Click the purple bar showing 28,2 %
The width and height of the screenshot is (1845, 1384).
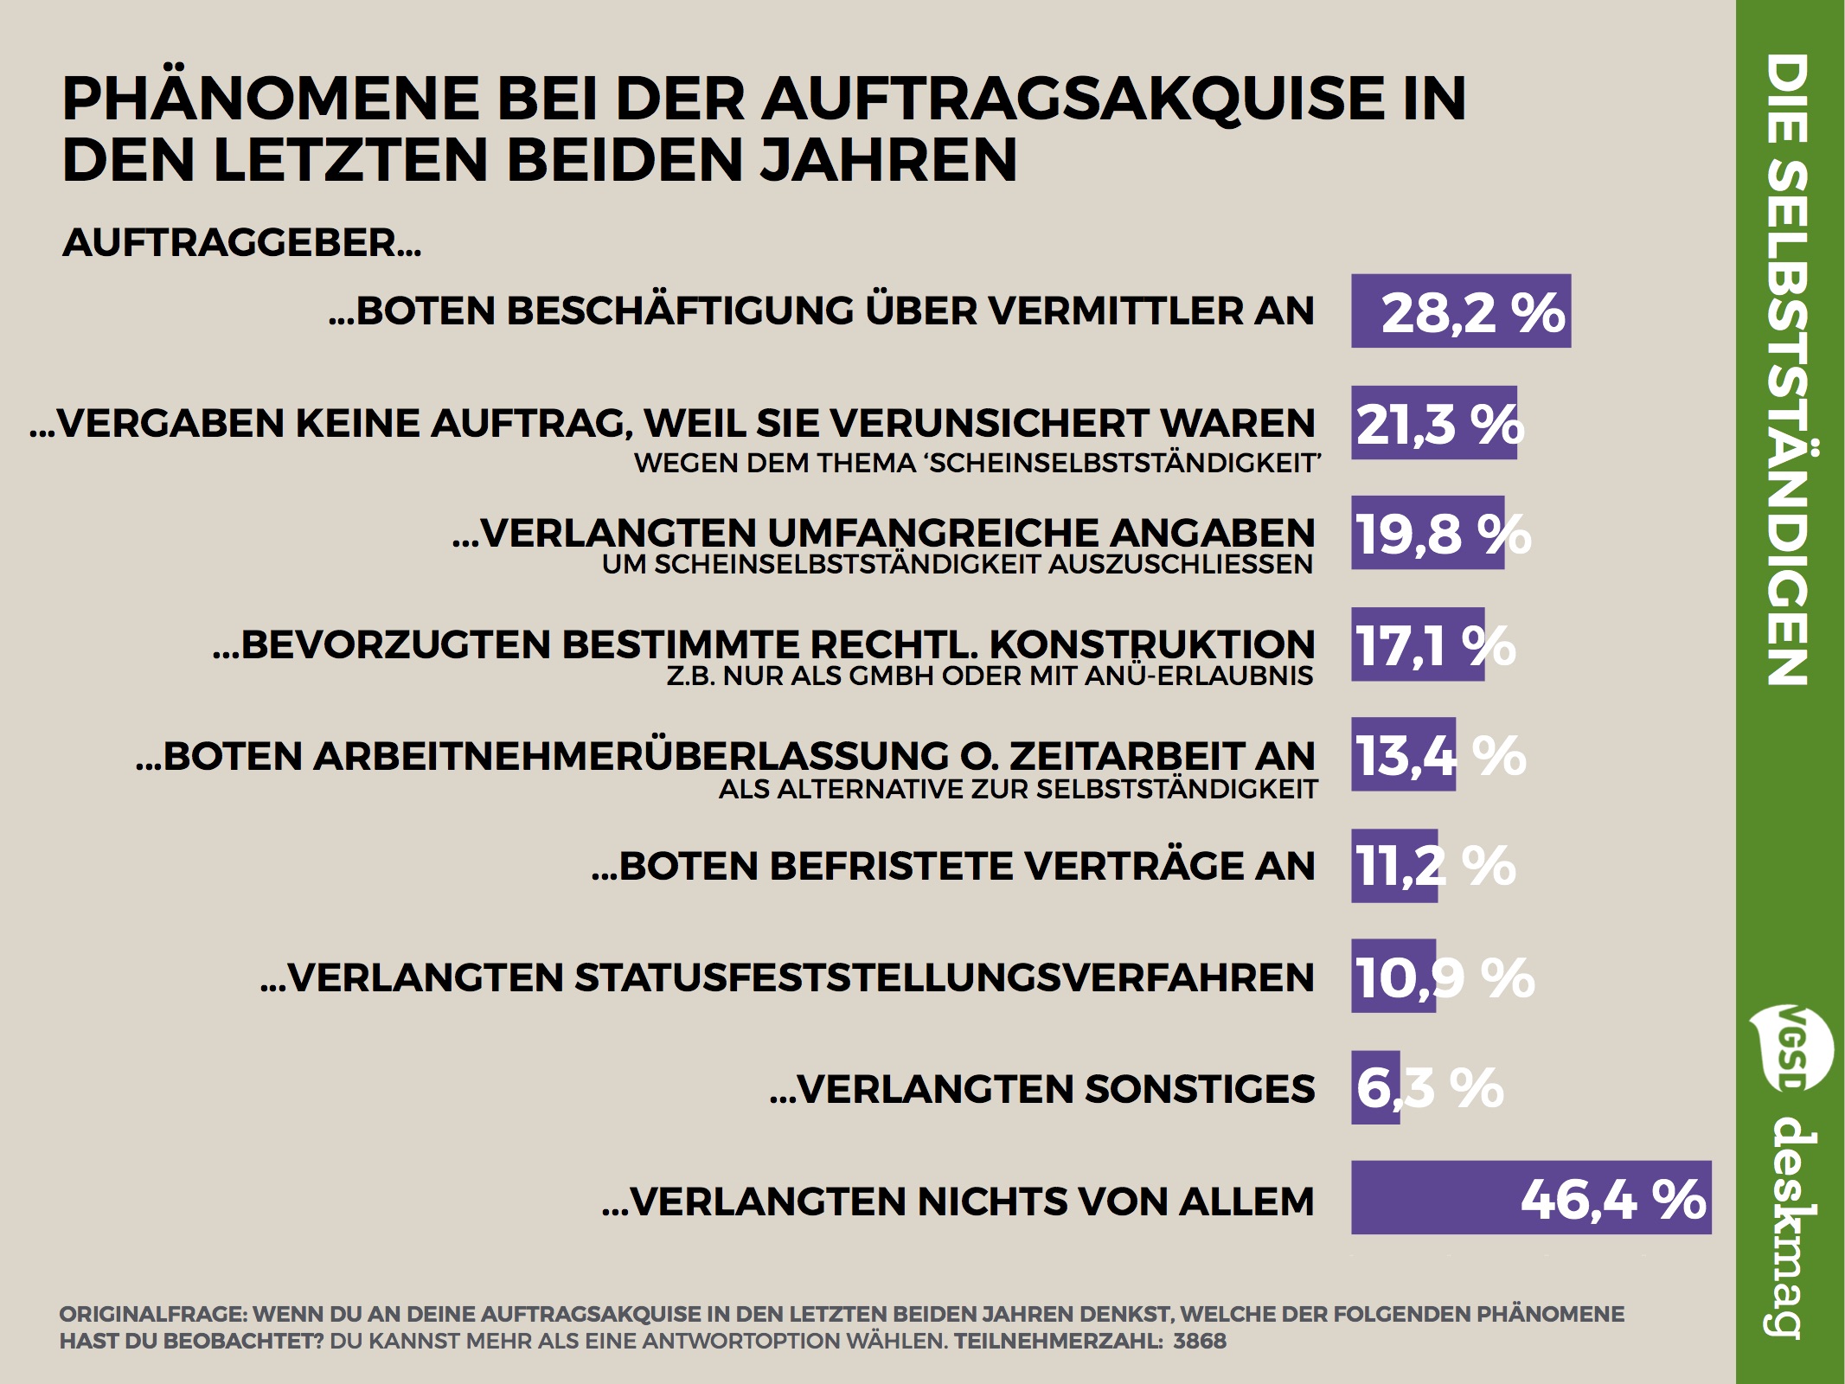point(1460,311)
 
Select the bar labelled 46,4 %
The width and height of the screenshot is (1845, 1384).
point(1531,1197)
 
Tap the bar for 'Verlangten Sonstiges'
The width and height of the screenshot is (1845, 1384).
point(1374,1087)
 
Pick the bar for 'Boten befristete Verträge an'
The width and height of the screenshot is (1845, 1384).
point(1393,866)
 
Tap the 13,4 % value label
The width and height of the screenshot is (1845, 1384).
point(1439,755)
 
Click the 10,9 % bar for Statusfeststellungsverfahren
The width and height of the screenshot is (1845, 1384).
point(1393,977)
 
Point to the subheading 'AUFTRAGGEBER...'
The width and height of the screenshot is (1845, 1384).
point(241,243)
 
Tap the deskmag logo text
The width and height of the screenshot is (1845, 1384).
point(1789,1228)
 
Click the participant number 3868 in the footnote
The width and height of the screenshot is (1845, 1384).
point(1200,1342)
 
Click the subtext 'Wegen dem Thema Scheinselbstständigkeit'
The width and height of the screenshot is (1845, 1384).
point(977,464)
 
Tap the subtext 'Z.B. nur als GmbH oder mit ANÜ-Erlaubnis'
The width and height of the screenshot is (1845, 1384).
point(990,676)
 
